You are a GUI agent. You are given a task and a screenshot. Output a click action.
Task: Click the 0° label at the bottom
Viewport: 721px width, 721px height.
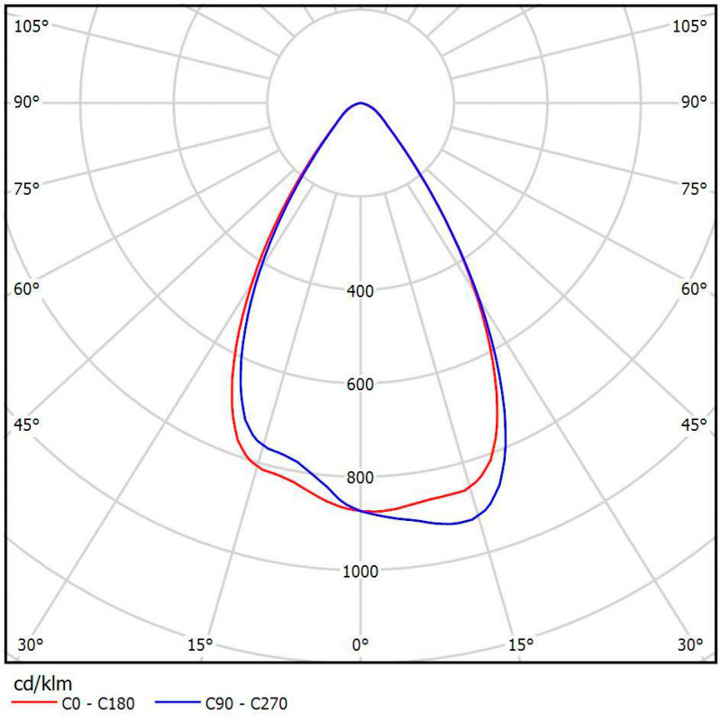pos(360,644)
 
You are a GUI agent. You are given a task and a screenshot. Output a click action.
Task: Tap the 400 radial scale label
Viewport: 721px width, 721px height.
pos(360,291)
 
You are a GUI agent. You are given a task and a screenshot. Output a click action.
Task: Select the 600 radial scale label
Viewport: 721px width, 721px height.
pos(360,385)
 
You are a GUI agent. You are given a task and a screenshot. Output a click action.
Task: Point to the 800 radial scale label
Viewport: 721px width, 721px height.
pos(360,478)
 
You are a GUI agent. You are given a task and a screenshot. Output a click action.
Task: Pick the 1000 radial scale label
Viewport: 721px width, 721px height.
pos(360,570)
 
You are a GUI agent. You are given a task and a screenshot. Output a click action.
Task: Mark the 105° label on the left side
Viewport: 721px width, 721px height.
pos(32,26)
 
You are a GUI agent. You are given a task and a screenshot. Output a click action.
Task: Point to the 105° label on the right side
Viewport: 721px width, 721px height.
pos(689,26)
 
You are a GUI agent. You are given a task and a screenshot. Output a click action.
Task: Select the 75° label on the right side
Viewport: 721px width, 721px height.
pos(693,188)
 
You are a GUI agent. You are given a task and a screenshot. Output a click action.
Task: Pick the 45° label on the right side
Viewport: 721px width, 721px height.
pos(693,424)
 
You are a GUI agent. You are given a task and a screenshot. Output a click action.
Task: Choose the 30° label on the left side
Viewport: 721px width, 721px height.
pos(31,644)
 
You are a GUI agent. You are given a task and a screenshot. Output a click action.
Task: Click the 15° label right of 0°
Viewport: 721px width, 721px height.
pos(521,644)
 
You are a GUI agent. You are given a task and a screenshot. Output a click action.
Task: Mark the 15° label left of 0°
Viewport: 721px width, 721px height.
pos(199,644)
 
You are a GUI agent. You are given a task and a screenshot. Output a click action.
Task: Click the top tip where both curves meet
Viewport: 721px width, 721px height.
pos(360,103)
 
